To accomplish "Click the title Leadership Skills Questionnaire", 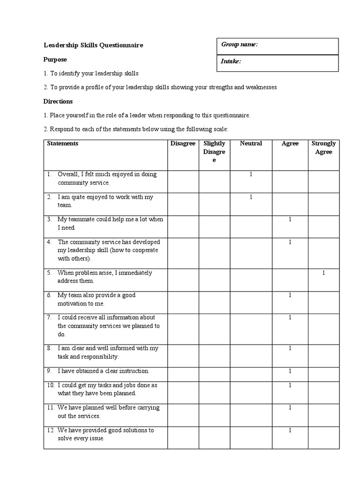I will pyautogui.click(x=93, y=45).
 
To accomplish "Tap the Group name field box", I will pyautogui.click(x=277, y=46).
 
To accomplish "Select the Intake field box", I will pyautogui.click(x=277, y=63).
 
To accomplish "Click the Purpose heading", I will pyautogui.click(x=55, y=60).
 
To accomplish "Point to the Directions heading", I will pyautogui.click(x=58, y=101).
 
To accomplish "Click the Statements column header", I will pyautogui.click(x=63, y=143).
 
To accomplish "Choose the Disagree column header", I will pyautogui.click(x=183, y=143).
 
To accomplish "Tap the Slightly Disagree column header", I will pyautogui.click(x=214, y=151).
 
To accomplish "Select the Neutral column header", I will pyautogui.click(x=251, y=143).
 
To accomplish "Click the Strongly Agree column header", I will pyautogui.click(x=323, y=148).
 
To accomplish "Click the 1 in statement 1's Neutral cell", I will pyautogui.click(x=251, y=174).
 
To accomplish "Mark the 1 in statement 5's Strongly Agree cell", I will pyautogui.click(x=323, y=273).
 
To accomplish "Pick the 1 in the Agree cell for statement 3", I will pyautogui.click(x=290, y=219).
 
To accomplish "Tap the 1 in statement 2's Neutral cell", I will pyautogui.click(x=251, y=197).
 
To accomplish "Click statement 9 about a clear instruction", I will pyautogui.click(x=103, y=371).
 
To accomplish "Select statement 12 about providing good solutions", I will pyautogui.click(x=105, y=434).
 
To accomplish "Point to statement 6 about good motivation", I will pyautogui.click(x=103, y=299).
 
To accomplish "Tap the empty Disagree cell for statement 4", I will pyautogui.click(x=183, y=250).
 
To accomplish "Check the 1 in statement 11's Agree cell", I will pyautogui.click(x=290, y=408).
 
